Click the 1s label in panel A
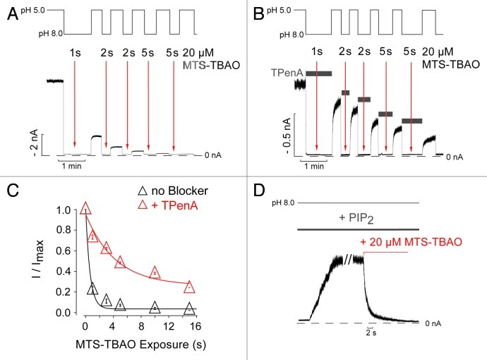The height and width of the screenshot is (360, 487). click(x=74, y=52)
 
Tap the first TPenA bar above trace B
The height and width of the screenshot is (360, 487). click(x=319, y=73)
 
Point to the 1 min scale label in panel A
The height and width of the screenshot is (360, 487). click(x=71, y=166)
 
